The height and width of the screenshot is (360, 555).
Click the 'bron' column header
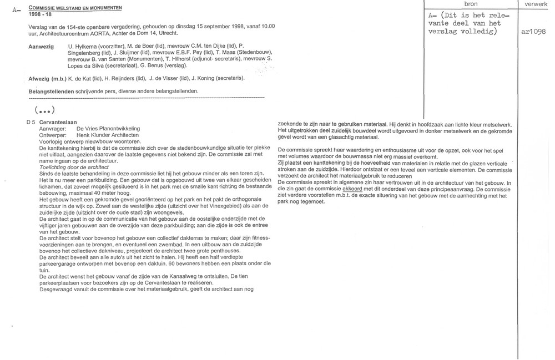point(470,4)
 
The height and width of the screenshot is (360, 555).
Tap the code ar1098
point(534,32)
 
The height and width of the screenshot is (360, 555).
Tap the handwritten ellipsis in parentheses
point(46,109)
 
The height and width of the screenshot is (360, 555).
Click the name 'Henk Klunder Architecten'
point(107,135)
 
